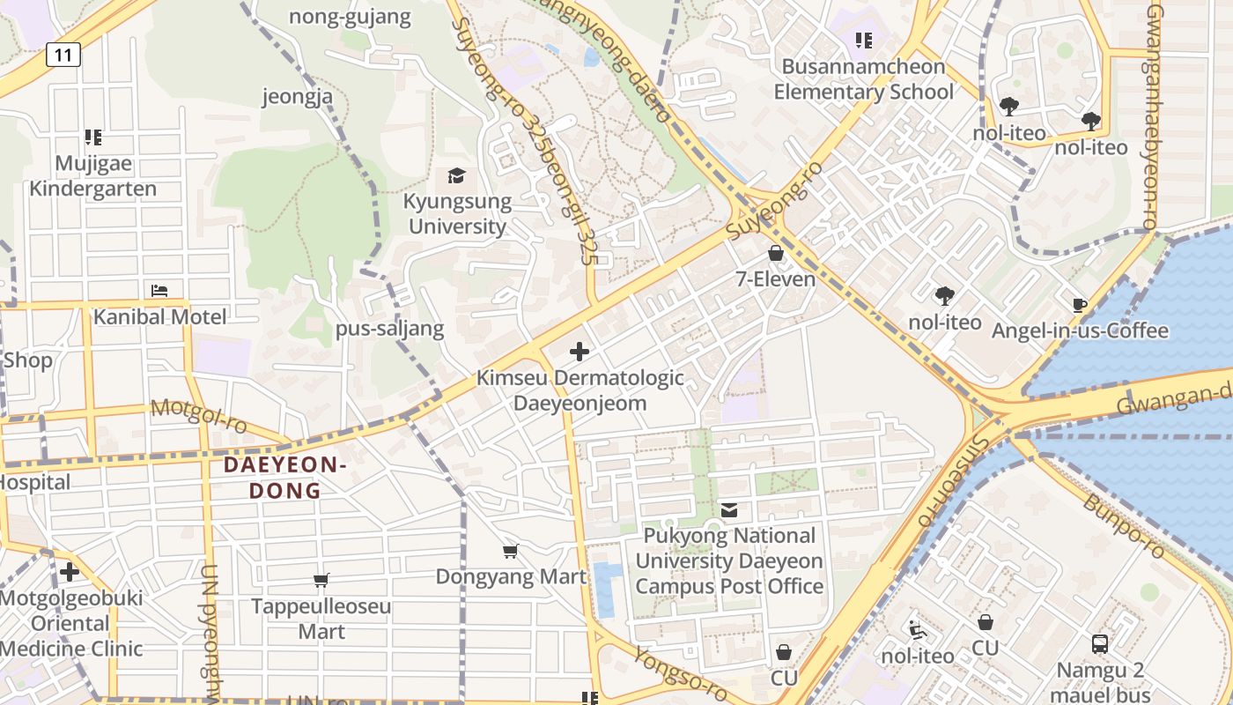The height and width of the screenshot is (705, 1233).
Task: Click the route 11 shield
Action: (63, 55)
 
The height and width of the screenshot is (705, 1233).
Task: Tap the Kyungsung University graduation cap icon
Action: (456, 175)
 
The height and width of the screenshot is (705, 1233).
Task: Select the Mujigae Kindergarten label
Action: (93, 176)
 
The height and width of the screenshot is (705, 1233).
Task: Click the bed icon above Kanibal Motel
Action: (159, 290)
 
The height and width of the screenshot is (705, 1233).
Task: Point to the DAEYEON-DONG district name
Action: (284, 478)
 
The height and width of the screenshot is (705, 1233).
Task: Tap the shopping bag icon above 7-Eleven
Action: (776, 253)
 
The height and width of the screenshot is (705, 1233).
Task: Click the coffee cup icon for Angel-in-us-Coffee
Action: (1080, 305)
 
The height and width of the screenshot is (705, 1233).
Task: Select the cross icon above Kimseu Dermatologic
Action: (580, 352)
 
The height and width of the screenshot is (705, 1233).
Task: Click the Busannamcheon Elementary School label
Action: (863, 79)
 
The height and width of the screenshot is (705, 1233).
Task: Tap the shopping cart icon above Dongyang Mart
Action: (510, 552)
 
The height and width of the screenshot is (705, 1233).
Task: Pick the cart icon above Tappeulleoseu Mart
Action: (321, 580)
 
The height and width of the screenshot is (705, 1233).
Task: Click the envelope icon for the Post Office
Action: (729, 509)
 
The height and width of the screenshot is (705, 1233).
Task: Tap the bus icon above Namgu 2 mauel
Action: (1100, 644)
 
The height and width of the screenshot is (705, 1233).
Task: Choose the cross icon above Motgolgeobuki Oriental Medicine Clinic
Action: (70, 572)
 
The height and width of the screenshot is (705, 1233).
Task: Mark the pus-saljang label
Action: (389, 330)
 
